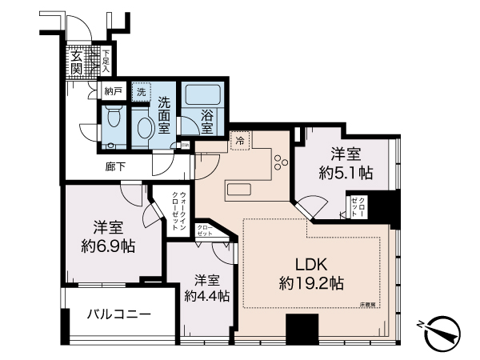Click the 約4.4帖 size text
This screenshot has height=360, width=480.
coord(206,295)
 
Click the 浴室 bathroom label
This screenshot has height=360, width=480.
coord(206,122)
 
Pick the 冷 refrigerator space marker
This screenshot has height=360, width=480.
coord(240,140)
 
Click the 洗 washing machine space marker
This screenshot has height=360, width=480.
coord(141,92)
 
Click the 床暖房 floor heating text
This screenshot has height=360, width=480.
coord(368,304)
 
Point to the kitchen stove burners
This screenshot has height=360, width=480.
coord(282,163)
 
